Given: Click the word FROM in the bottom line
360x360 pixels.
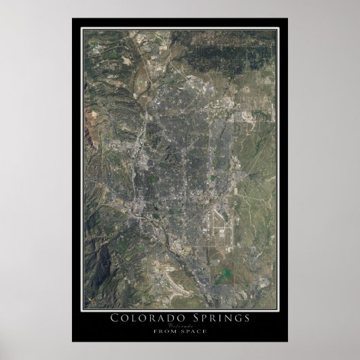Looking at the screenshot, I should pos(168,332).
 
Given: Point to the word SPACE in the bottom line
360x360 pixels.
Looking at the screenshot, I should pos(192,332).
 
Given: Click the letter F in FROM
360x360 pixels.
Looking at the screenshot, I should pos(161,332).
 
